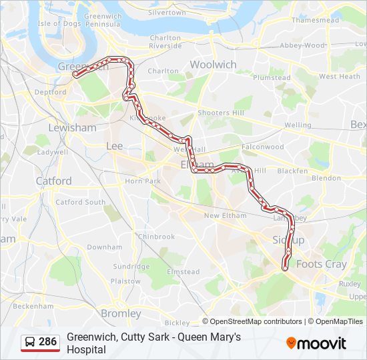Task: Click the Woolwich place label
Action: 213,65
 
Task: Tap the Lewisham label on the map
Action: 72,127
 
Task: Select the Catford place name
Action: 53,181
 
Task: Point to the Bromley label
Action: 121,313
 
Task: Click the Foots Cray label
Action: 321,264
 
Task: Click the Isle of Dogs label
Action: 59,23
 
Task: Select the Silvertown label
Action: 167,13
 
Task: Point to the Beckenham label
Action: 33,306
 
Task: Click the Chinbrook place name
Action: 156,237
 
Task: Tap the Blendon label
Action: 326,178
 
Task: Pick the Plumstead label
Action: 272,77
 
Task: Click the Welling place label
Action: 298,125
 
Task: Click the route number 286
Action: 47,342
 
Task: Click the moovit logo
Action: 316,343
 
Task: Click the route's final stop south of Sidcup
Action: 286,268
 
